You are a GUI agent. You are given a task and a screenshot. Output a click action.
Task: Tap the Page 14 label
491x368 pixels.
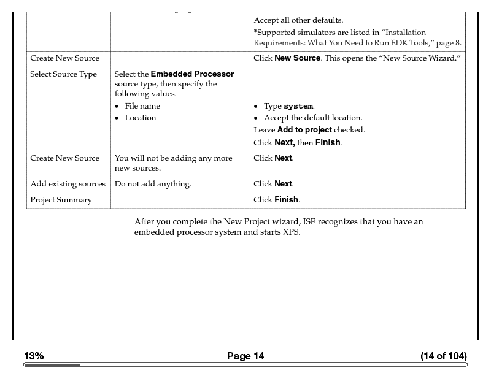pos(245,356)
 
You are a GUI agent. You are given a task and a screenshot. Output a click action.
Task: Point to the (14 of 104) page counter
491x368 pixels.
pos(443,356)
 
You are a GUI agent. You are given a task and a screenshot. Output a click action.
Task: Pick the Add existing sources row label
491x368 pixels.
pos(68,184)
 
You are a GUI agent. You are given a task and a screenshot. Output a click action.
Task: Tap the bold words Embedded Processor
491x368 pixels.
pos(192,74)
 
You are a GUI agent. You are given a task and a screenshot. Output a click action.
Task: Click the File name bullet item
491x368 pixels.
pos(142,106)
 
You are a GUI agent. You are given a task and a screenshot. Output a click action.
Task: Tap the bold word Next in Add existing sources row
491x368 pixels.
pos(283,184)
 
